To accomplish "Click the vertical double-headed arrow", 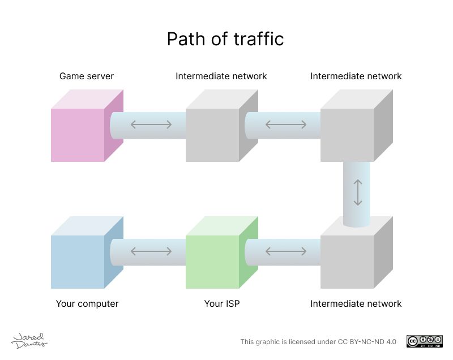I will click(x=357, y=192).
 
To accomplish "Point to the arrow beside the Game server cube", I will click(x=151, y=125).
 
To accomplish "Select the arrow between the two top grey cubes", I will click(x=286, y=125).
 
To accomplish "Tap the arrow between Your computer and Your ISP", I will click(x=151, y=251).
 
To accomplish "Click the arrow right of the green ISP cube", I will click(x=286, y=251).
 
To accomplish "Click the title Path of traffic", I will click(x=225, y=39).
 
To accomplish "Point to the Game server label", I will click(x=87, y=76).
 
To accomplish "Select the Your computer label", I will click(x=87, y=303).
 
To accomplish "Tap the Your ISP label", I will click(x=222, y=303).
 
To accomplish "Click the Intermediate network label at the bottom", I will click(x=356, y=303).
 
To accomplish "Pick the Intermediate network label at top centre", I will click(x=221, y=76).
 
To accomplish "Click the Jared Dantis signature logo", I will click(x=29, y=340).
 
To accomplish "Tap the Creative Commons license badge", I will click(x=424, y=341).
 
